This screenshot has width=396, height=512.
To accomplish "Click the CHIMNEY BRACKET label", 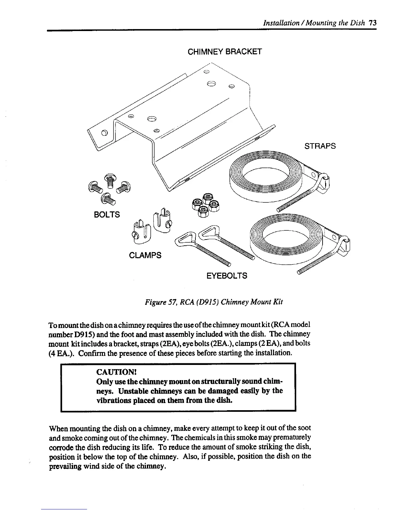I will click(225, 52).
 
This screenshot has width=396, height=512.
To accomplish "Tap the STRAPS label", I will click(320, 146).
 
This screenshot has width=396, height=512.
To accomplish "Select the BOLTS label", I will click(107, 215).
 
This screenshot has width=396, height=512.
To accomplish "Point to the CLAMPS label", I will click(145, 255).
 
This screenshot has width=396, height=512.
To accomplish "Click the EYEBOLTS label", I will click(227, 276).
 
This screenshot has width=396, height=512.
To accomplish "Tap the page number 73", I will click(373, 23).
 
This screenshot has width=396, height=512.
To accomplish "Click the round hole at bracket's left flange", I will click(104, 132).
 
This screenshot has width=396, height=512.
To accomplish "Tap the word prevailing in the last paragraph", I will click(64, 466).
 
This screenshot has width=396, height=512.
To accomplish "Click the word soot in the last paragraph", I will click(305, 429).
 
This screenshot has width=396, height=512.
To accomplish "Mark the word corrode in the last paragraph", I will click(59, 447).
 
